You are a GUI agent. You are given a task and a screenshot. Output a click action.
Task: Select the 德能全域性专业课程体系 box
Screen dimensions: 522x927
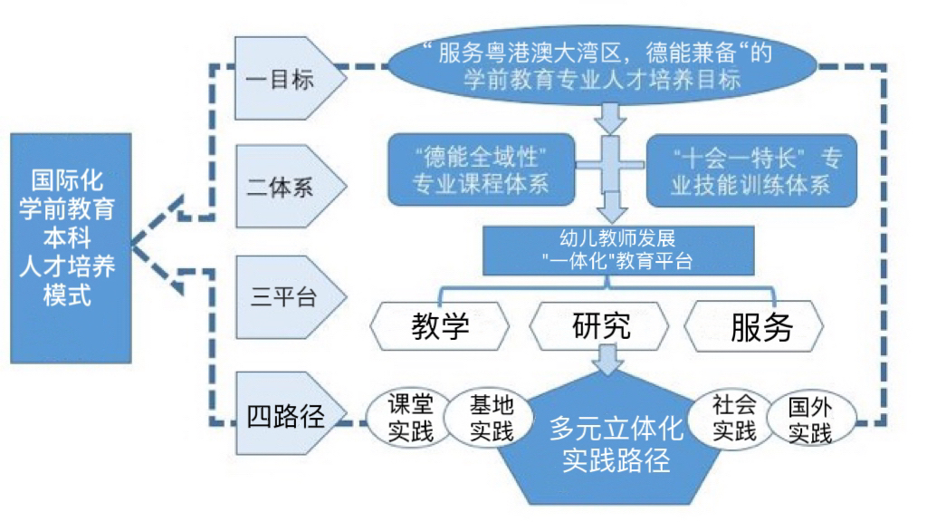tap(481, 170)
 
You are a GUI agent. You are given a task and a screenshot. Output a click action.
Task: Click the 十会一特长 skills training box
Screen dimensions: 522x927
tap(744, 170)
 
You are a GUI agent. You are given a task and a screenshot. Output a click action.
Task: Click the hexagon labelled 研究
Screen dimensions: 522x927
tap(601, 326)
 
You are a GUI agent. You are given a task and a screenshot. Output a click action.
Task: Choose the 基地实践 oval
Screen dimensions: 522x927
tap(491, 418)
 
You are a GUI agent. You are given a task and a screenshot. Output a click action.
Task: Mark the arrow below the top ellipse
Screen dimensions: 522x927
tap(613, 115)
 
